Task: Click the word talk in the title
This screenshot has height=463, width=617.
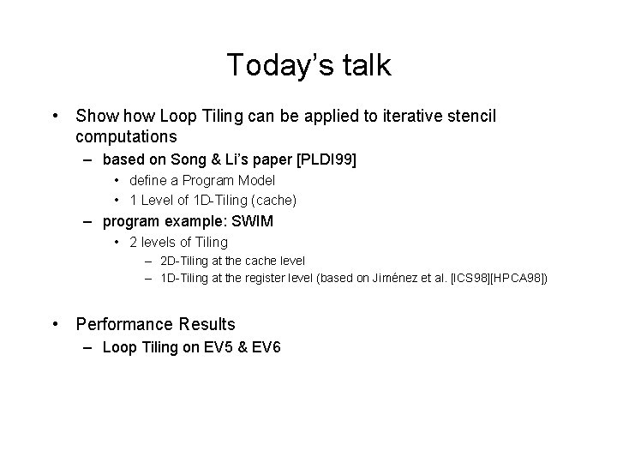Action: point(366,65)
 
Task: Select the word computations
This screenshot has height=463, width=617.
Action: point(126,136)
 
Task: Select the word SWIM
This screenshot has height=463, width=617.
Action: point(252,221)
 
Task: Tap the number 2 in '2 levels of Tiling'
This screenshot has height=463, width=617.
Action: point(134,242)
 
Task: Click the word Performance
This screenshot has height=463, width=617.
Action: point(125,324)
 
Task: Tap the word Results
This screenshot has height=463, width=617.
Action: point(207,324)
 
